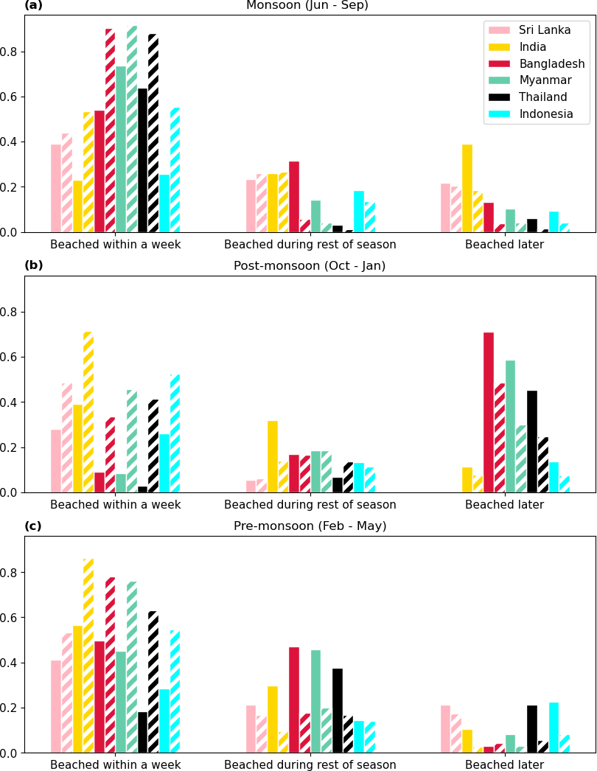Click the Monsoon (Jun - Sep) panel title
307,6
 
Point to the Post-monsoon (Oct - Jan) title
310,266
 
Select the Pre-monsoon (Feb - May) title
310,526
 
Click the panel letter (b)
34,265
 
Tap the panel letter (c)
33,526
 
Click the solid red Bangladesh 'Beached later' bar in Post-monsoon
489,413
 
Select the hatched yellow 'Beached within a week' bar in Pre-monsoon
88,656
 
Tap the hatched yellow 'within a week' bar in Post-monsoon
88,413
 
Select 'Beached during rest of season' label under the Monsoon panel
310,245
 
